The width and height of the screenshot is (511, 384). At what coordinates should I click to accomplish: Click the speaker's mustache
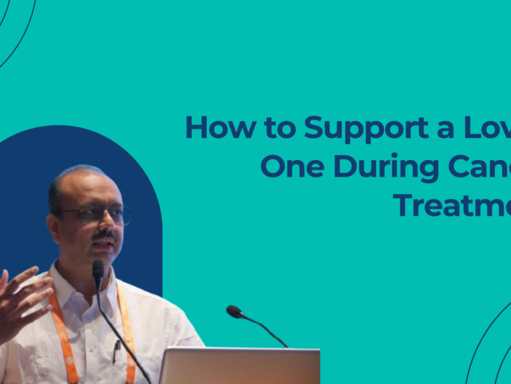104,235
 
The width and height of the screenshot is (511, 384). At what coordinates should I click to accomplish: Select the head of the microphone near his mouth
98,268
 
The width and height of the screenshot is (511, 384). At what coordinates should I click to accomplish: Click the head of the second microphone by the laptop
234,312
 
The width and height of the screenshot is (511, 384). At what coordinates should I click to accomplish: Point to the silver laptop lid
240,366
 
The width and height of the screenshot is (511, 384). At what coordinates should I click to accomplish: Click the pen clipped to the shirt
117,349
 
